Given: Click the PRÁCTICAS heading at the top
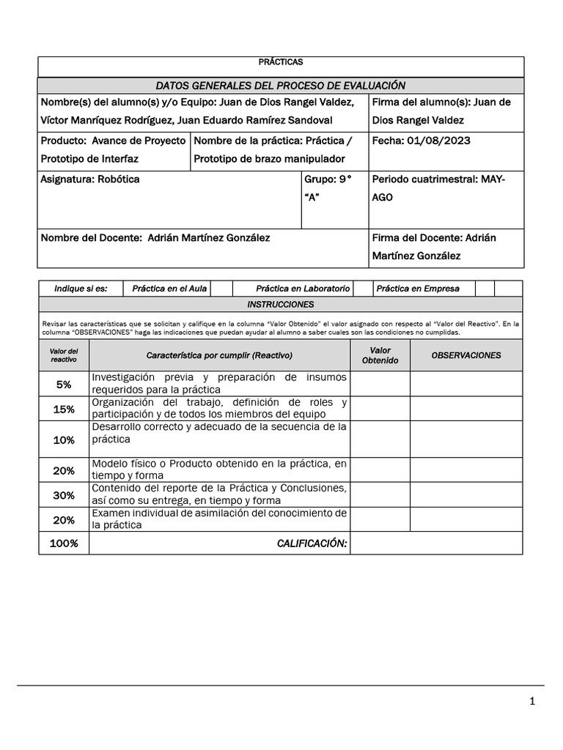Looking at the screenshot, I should click(x=281, y=62).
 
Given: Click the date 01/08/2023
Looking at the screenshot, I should click(x=442, y=141).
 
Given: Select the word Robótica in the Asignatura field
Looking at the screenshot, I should click(x=119, y=179).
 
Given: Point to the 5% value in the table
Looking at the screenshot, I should click(x=64, y=384).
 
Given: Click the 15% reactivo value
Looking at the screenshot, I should click(x=64, y=409).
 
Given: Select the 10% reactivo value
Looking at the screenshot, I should click(x=64, y=439).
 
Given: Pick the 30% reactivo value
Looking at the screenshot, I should click(x=64, y=495).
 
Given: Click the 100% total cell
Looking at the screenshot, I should click(x=64, y=543).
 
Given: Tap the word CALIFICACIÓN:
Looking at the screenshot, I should click(x=311, y=543).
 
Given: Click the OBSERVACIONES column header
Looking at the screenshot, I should click(x=466, y=355).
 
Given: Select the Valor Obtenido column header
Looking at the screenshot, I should click(x=380, y=355).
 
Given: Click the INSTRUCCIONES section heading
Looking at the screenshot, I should click(x=281, y=304).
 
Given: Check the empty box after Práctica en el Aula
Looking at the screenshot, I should click(x=222, y=289).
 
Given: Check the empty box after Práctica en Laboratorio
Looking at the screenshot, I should click(x=363, y=289).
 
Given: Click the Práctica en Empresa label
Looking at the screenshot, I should click(x=418, y=289).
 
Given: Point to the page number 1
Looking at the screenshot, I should click(x=532, y=702).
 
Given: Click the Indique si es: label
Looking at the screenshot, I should click(x=81, y=289).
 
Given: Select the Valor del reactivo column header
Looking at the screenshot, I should click(x=64, y=355).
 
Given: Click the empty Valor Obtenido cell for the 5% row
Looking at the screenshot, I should click(x=380, y=384).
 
